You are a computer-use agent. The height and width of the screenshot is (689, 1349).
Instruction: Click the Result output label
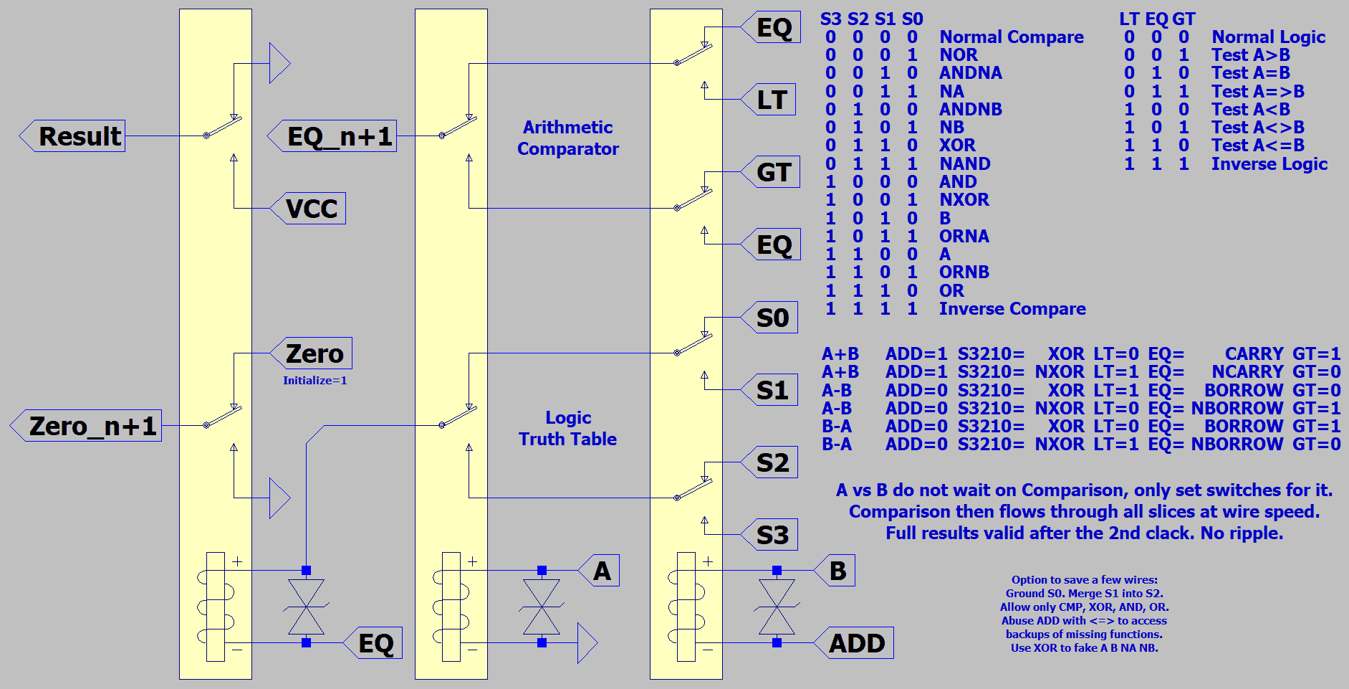pyautogui.click(x=72, y=136)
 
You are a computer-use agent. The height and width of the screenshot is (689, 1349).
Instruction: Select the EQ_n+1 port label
pyautogui.click(x=332, y=136)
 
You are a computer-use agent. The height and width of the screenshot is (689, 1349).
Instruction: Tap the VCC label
pyautogui.click(x=308, y=209)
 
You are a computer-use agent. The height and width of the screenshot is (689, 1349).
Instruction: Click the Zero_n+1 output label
pyautogui.click(x=86, y=426)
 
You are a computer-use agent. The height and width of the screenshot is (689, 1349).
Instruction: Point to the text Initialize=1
pyautogui.click(x=315, y=381)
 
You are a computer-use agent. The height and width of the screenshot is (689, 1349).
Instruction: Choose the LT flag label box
pyautogui.click(x=768, y=100)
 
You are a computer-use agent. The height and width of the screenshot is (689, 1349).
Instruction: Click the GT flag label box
pyautogui.click(x=770, y=172)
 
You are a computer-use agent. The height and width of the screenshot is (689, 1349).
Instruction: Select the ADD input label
pyautogui.click(x=854, y=643)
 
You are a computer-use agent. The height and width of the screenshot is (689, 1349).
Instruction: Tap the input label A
pyautogui.click(x=599, y=571)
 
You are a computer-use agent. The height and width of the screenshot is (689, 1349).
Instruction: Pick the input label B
pyautogui.click(x=835, y=571)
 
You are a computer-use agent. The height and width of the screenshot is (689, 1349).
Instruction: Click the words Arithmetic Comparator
pyautogui.click(x=568, y=138)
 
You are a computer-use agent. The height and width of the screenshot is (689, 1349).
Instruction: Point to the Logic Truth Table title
pyautogui.click(x=568, y=428)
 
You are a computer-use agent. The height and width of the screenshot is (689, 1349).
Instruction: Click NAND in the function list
pyautogui.click(x=965, y=163)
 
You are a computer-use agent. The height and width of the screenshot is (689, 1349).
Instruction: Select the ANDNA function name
pyautogui.click(x=971, y=73)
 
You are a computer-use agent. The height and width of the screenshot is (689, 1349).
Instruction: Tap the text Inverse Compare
pyautogui.click(x=1012, y=309)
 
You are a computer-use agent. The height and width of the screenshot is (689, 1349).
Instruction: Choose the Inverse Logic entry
pyautogui.click(x=1269, y=164)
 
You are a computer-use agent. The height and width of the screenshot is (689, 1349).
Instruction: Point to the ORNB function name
pyautogui.click(x=964, y=272)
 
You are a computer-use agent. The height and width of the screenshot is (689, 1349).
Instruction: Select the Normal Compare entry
pyautogui.click(x=1012, y=37)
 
